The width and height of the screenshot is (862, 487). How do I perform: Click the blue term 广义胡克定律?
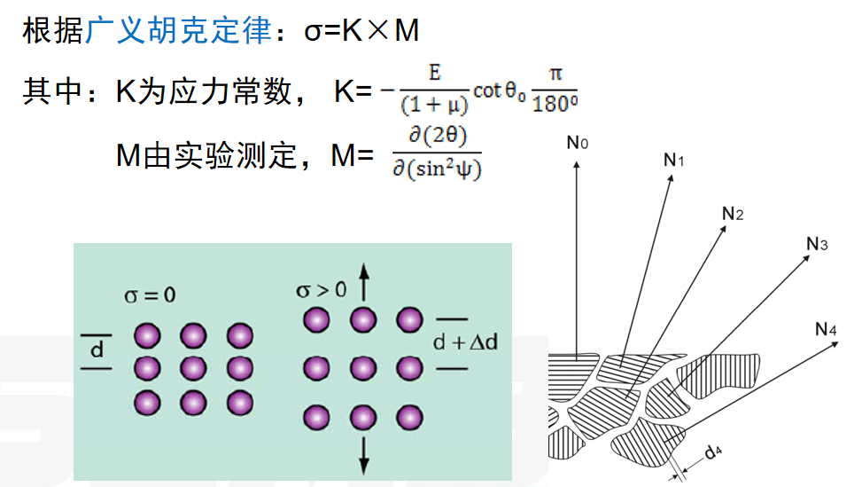point(178,33)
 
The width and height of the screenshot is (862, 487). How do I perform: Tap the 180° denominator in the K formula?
point(555,104)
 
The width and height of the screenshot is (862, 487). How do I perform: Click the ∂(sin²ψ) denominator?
point(437,169)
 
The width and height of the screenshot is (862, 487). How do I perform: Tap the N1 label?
point(674,160)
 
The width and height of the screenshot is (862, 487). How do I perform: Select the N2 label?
point(733,213)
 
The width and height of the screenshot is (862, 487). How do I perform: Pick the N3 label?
point(817,244)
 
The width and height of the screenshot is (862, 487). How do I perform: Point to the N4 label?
point(826,330)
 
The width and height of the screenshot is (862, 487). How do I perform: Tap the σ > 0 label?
point(322,290)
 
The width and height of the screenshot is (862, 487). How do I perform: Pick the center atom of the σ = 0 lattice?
point(193,367)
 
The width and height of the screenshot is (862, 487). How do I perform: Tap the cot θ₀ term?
point(500,91)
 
